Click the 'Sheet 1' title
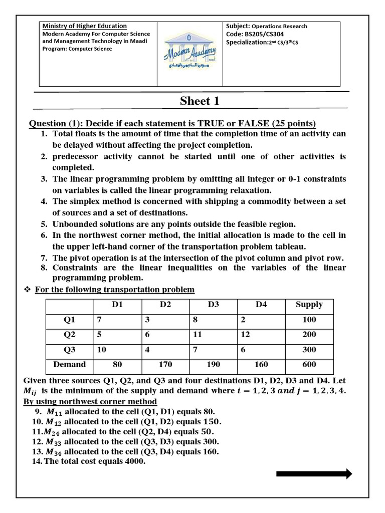(200, 101)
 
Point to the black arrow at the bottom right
(314, 474)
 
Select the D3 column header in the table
(214, 305)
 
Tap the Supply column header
(309, 305)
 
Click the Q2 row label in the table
(70, 335)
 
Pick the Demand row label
(70, 364)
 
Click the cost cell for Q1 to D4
(243, 320)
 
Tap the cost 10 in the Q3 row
(101, 350)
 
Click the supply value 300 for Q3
(309, 350)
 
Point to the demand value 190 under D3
(213, 364)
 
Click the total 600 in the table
(309, 364)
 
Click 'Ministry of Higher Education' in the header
(84, 26)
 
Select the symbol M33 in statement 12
(54, 442)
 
